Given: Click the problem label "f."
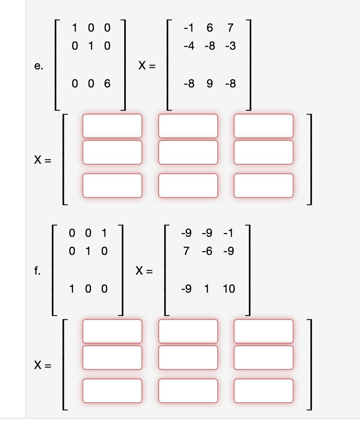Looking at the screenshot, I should (x=38, y=271).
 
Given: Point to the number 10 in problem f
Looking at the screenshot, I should (x=229, y=289).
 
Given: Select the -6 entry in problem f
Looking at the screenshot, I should (x=207, y=251).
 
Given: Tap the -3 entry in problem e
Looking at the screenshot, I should (x=230, y=46).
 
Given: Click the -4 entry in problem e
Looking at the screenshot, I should (x=189, y=46).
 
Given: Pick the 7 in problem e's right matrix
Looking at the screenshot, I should (x=230, y=28).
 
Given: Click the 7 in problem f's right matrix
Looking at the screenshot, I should (x=187, y=251).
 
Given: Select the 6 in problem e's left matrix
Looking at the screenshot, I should (x=107, y=85).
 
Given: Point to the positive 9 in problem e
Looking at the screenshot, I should (x=210, y=85).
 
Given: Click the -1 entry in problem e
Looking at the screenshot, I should (x=189, y=28).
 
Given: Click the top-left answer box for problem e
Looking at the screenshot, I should (x=112, y=126).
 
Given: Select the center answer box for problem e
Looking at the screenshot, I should (x=188, y=152).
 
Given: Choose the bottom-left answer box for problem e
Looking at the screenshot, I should (x=112, y=185).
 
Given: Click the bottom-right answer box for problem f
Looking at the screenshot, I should (x=264, y=390).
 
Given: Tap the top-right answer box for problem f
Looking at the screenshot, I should (x=264, y=331).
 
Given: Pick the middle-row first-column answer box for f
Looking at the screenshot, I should (x=112, y=357).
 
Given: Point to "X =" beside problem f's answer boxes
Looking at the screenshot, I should (x=42, y=365).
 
